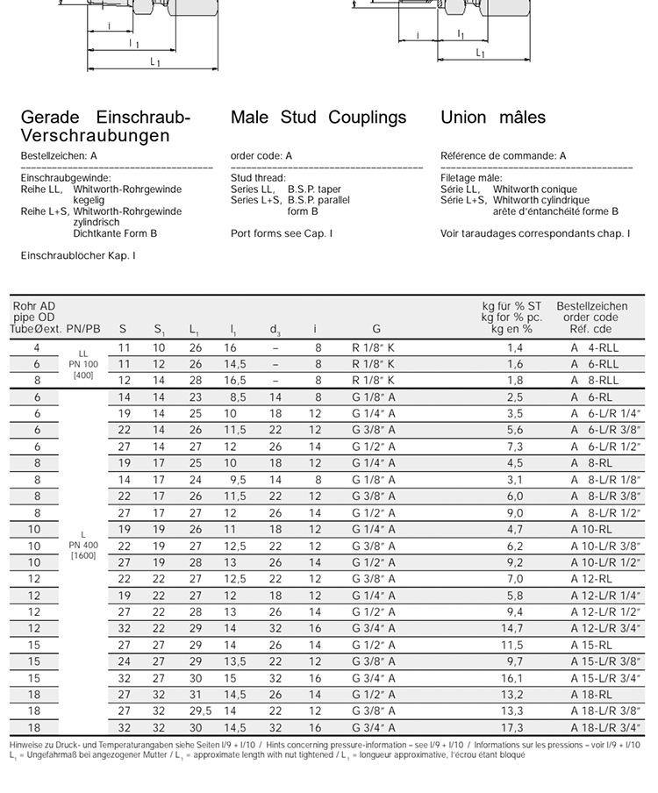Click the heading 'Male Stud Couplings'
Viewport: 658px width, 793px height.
click(318, 118)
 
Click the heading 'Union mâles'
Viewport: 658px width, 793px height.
click(493, 118)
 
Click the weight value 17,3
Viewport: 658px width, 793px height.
click(514, 727)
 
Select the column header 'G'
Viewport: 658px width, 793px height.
click(376, 329)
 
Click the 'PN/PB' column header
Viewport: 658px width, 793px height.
click(83, 329)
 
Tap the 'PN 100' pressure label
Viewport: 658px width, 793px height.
click(83, 364)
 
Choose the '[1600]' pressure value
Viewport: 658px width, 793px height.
click(83, 555)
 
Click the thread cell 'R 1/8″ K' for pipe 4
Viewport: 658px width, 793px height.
click(373, 347)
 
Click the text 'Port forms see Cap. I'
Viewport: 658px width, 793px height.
click(282, 233)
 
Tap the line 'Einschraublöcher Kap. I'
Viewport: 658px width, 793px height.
click(78, 255)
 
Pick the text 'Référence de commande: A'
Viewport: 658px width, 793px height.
click(504, 156)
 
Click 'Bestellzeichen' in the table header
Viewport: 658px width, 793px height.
click(591, 306)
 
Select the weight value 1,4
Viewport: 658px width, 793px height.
click(515, 347)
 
